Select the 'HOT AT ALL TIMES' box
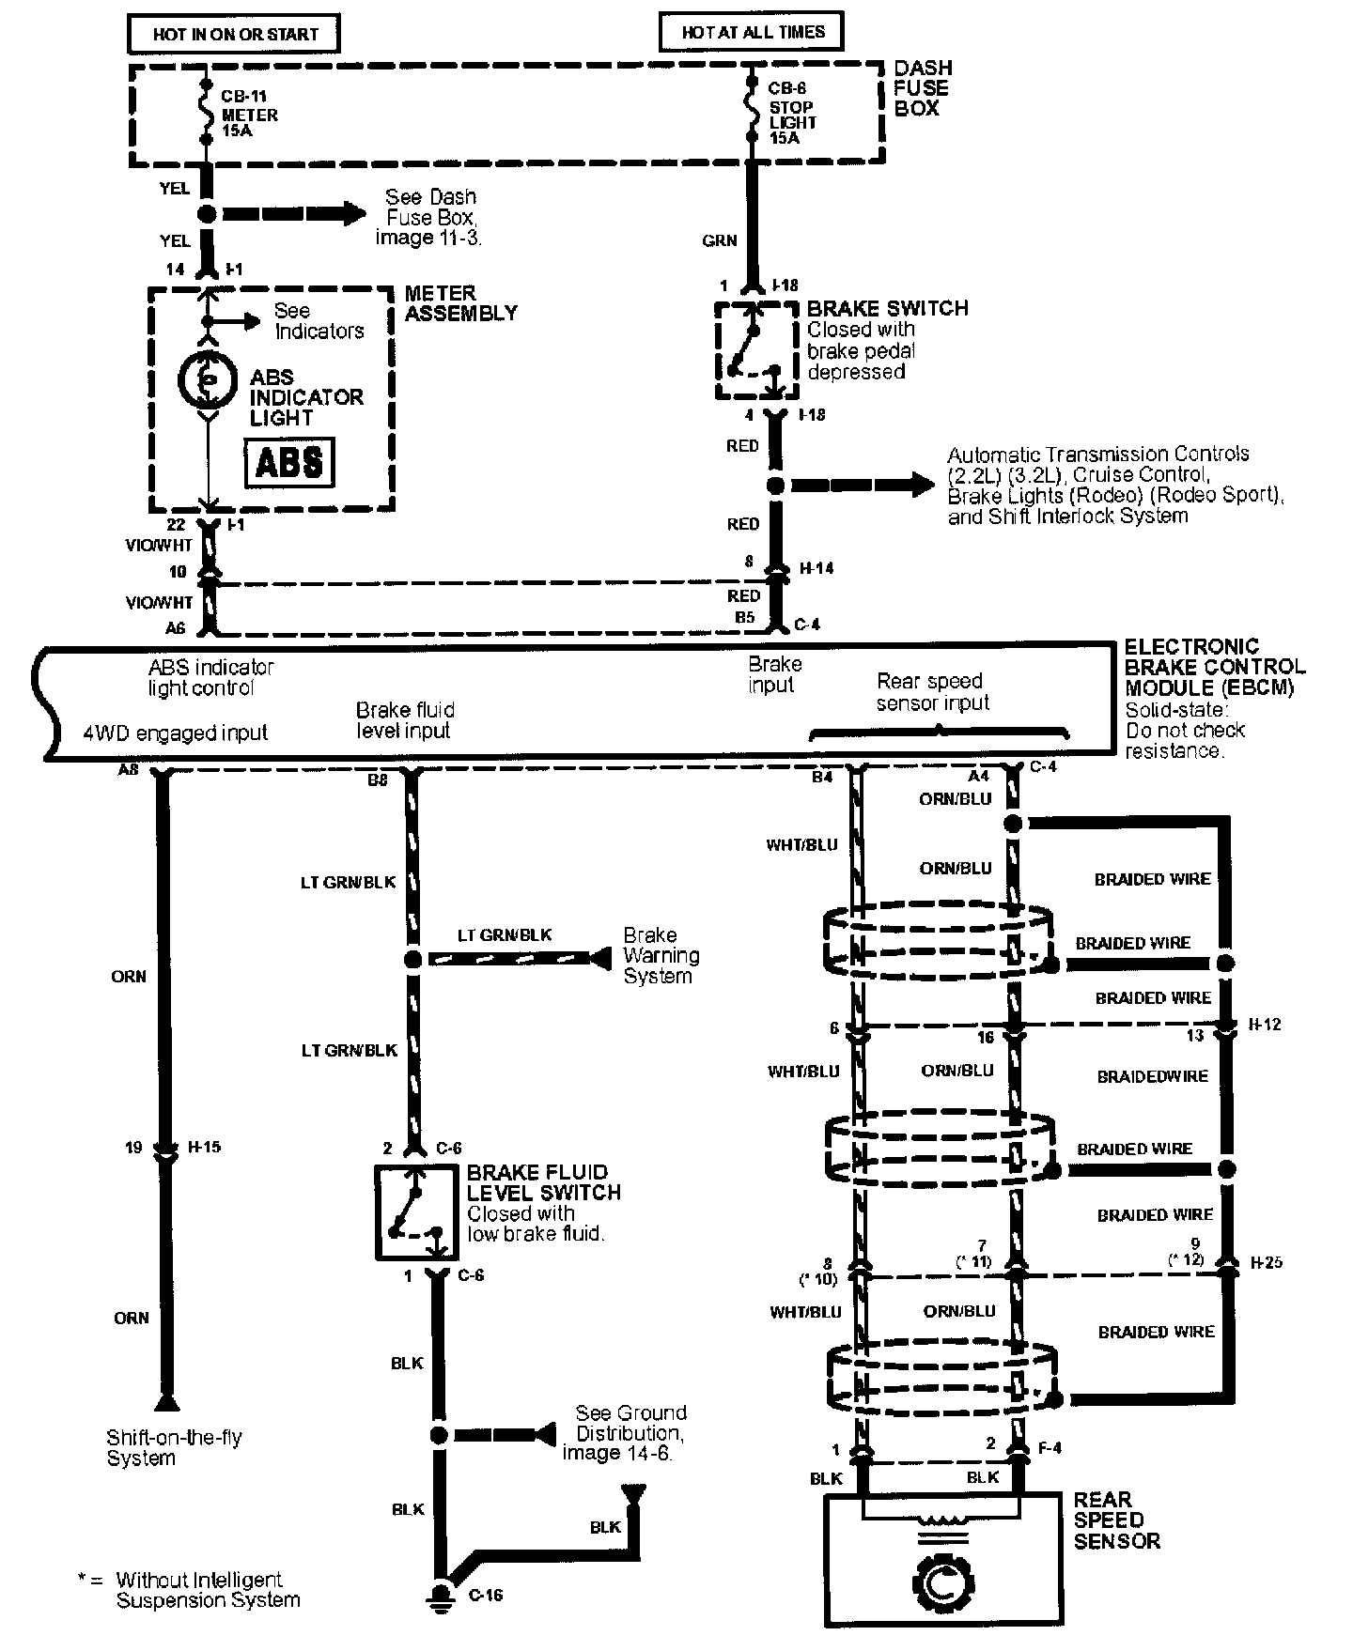click(x=752, y=32)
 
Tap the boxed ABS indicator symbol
click(x=289, y=462)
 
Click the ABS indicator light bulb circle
click(x=209, y=378)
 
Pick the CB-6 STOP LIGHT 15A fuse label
click(x=791, y=122)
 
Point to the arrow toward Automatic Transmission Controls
click(x=863, y=486)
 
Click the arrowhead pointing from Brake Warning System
click(x=599, y=959)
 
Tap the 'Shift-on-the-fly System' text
click(x=174, y=1447)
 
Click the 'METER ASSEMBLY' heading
click(x=460, y=303)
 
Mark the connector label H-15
click(x=204, y=1147)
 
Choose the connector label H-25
click(x=1266, y=1262)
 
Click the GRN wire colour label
click(x=719, y=240)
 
